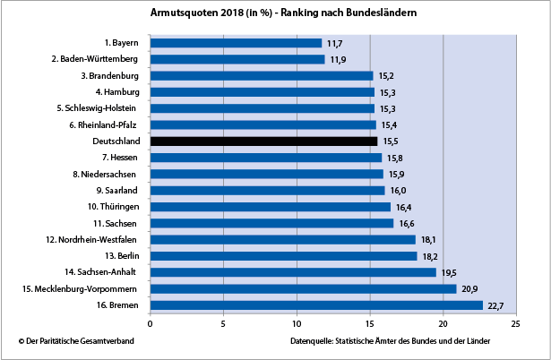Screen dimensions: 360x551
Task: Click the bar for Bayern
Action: click(x=236, y=42)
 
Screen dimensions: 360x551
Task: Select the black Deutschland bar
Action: click(x=263, y=141)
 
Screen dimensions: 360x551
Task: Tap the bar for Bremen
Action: click(x=316, y=305)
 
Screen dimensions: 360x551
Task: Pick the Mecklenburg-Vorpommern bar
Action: click(x=303, y=288)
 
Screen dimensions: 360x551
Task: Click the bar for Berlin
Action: click(x=283, y=256)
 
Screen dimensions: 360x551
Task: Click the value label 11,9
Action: click(x=338, y=60)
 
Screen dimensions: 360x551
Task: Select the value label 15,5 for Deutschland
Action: click(x=391, y=141)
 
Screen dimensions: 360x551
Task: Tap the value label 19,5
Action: click(x=448, y=272)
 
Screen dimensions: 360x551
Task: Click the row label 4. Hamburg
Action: click(x=116, y=91)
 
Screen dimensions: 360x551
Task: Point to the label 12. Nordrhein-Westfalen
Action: click(x=91, y=239)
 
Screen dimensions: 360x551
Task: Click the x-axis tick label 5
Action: click(x=223, y=324)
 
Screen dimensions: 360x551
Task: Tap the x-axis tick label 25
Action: click(x=515, y=324)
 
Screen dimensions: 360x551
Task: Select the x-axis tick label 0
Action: click(x=151, y=324)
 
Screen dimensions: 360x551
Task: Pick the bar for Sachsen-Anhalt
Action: click(x=293, y=272)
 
